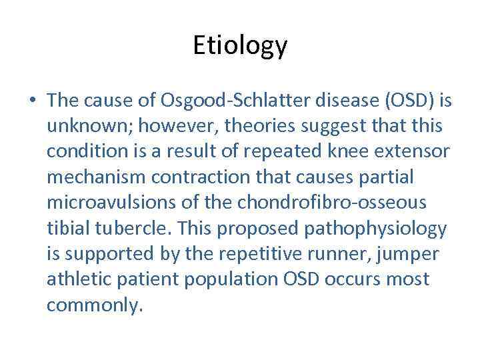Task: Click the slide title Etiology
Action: tap(240, 45)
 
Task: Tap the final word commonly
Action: tap(95, 306)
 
